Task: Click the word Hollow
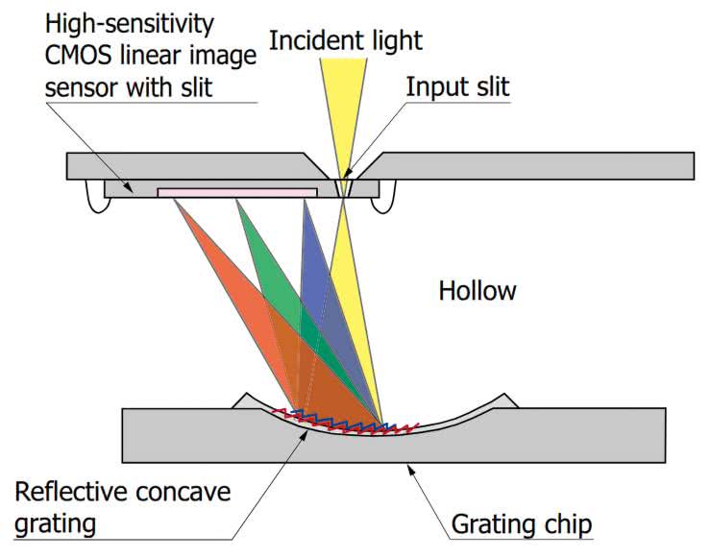478,290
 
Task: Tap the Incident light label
346,40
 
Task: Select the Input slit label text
457,86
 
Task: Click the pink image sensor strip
236,192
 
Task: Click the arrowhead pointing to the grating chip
412,471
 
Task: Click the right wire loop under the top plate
388,199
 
